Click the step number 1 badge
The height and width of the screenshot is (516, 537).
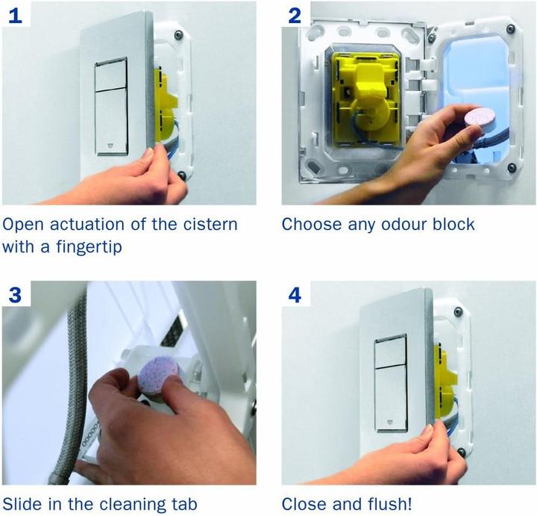pos(15,13)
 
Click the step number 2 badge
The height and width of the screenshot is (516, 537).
pos(295,13)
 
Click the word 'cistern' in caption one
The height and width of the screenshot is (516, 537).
pos(210,224)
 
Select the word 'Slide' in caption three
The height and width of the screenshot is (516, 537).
pos(24,504)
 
